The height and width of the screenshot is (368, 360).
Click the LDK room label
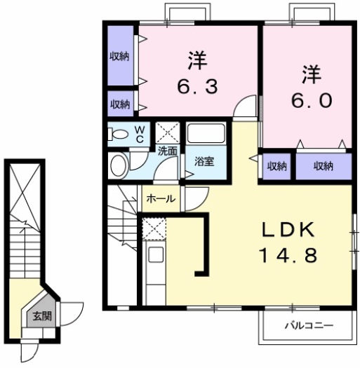pos(288,230)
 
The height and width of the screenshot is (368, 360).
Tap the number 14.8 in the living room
pos(288,255)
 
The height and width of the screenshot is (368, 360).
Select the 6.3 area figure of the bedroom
pos(197,86)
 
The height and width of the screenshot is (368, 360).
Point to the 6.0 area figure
pos(312,100)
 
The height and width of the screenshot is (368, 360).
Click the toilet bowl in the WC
pos(119,135)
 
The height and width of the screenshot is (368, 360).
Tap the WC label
pos(140,135)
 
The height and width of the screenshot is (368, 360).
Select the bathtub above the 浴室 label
pos(206,133)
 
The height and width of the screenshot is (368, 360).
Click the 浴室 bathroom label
pos(204,162)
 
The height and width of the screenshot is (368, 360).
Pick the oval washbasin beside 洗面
pos(119,165)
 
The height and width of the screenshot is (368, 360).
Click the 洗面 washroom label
pos(167,151)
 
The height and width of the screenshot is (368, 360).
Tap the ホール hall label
pos(161,199)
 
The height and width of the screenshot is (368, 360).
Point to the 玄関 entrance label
pos(42,316)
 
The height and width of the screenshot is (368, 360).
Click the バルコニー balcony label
pos(309,326)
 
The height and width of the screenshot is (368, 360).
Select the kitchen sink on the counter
pos(156,255)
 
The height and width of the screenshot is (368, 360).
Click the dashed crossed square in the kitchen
pos(154,229)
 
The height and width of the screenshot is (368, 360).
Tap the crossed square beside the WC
pos(167,132)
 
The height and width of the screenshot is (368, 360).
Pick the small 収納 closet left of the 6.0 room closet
pos(276,166)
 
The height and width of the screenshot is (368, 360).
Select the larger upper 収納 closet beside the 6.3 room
pos(121,55)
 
